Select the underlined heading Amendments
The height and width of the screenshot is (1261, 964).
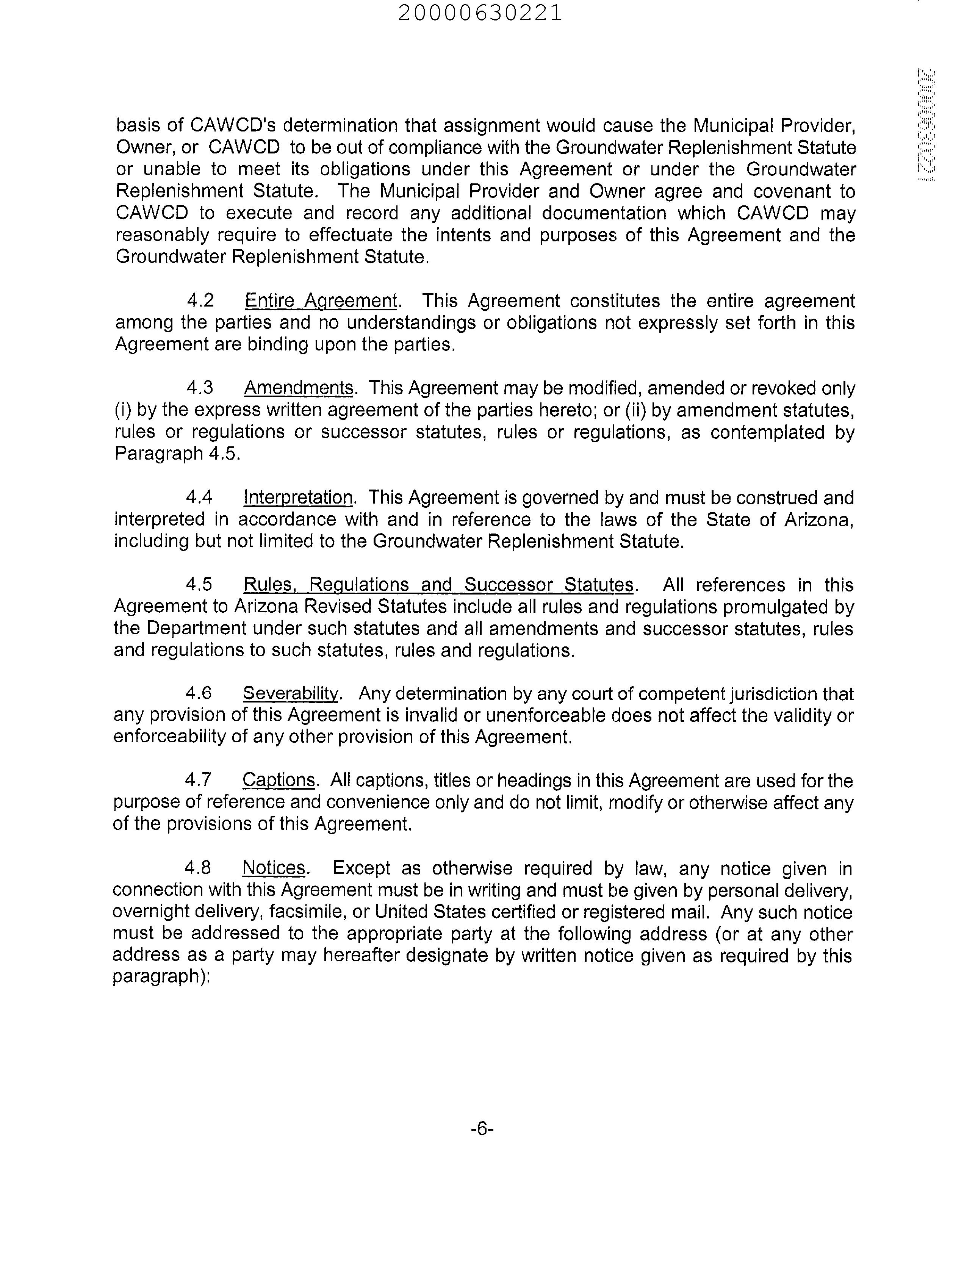[x=298, y=388]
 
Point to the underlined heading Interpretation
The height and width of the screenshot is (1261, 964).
[x=298, y=498]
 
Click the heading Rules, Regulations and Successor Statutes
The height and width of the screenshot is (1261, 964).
[x=438, y=585]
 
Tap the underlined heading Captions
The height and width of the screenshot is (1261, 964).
[x=278, y=780]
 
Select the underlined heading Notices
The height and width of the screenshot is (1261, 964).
[x=274, y=868]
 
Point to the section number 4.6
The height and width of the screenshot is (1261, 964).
[x=199, y=694]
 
